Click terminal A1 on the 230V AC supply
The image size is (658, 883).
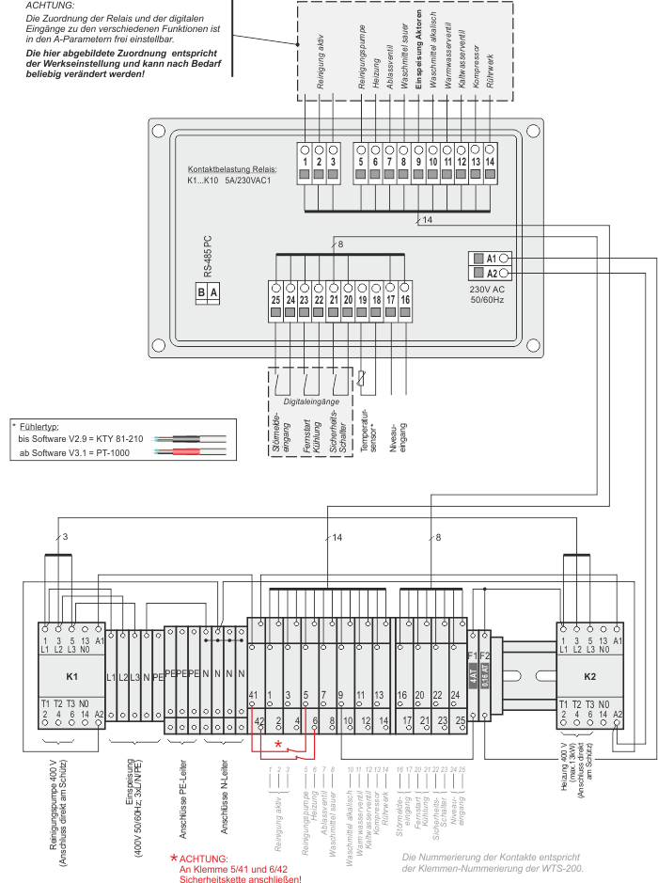491,257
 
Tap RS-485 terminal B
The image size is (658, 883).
201,292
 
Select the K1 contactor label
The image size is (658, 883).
71,676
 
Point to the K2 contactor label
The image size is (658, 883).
589,676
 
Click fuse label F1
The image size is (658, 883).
473,655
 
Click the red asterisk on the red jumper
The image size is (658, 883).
278,744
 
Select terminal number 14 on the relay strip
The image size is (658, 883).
490,163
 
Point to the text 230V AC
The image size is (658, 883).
486,289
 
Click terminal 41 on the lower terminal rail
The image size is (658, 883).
254,695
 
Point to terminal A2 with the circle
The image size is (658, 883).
504,273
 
